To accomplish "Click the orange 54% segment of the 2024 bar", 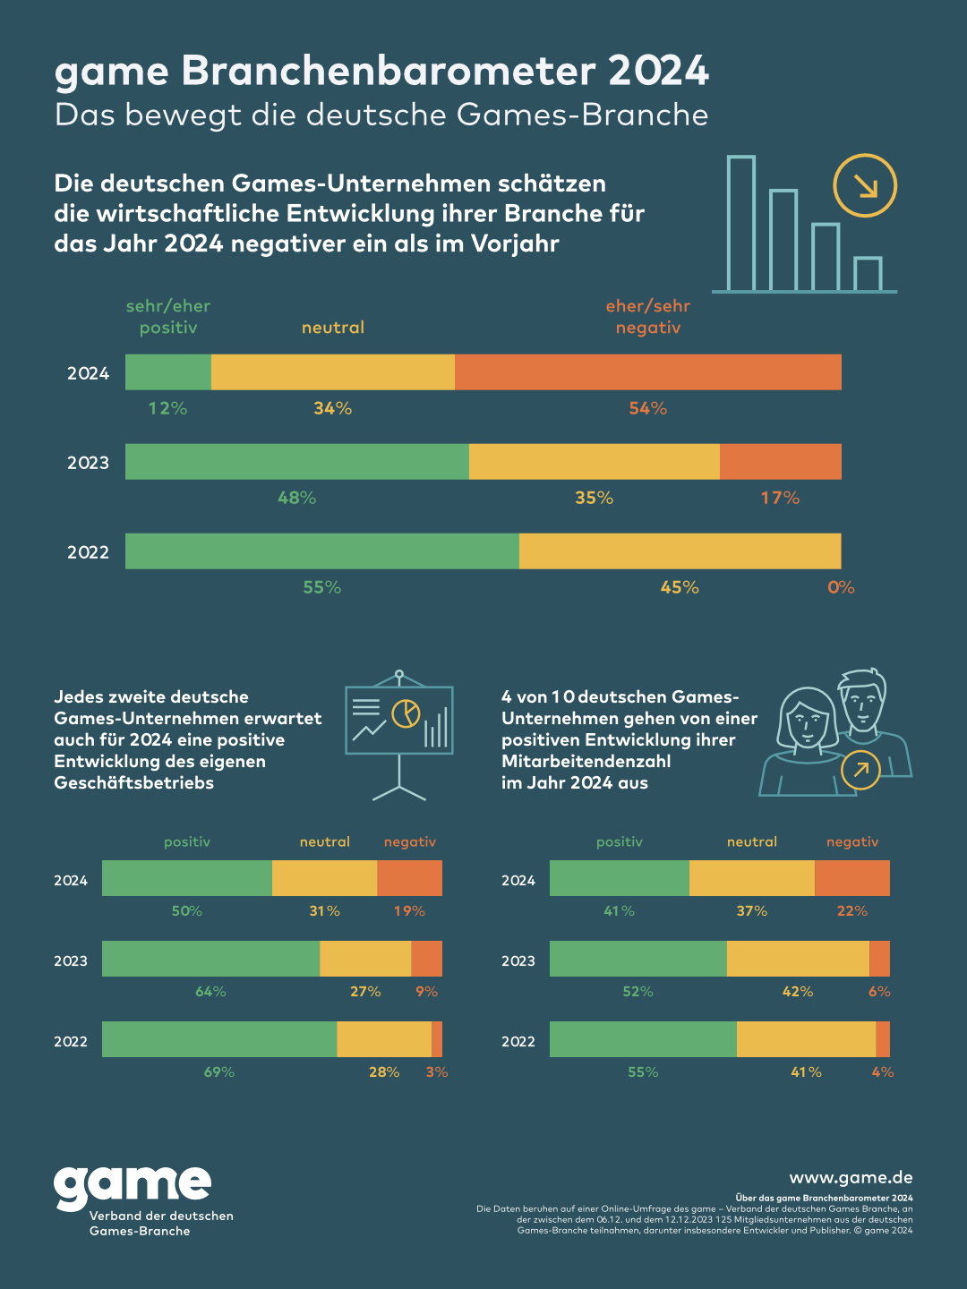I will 648,372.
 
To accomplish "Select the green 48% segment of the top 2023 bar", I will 297,462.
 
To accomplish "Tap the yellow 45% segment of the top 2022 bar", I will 680,551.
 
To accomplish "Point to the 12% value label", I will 167,409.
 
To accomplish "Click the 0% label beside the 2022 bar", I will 841,588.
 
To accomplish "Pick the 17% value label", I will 780,499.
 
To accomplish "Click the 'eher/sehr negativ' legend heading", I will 648,317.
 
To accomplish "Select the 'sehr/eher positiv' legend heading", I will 168,317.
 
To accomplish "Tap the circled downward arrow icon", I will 865,185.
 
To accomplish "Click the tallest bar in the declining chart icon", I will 741,224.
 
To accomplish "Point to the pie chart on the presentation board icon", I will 406,713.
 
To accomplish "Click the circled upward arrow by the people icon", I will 861,770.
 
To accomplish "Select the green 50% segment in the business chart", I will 187,878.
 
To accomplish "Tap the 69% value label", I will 219,1072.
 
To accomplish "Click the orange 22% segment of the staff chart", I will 852,878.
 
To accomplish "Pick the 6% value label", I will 879,992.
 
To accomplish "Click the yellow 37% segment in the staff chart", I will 752,878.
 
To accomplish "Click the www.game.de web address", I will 851,1178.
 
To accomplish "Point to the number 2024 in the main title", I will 659,72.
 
